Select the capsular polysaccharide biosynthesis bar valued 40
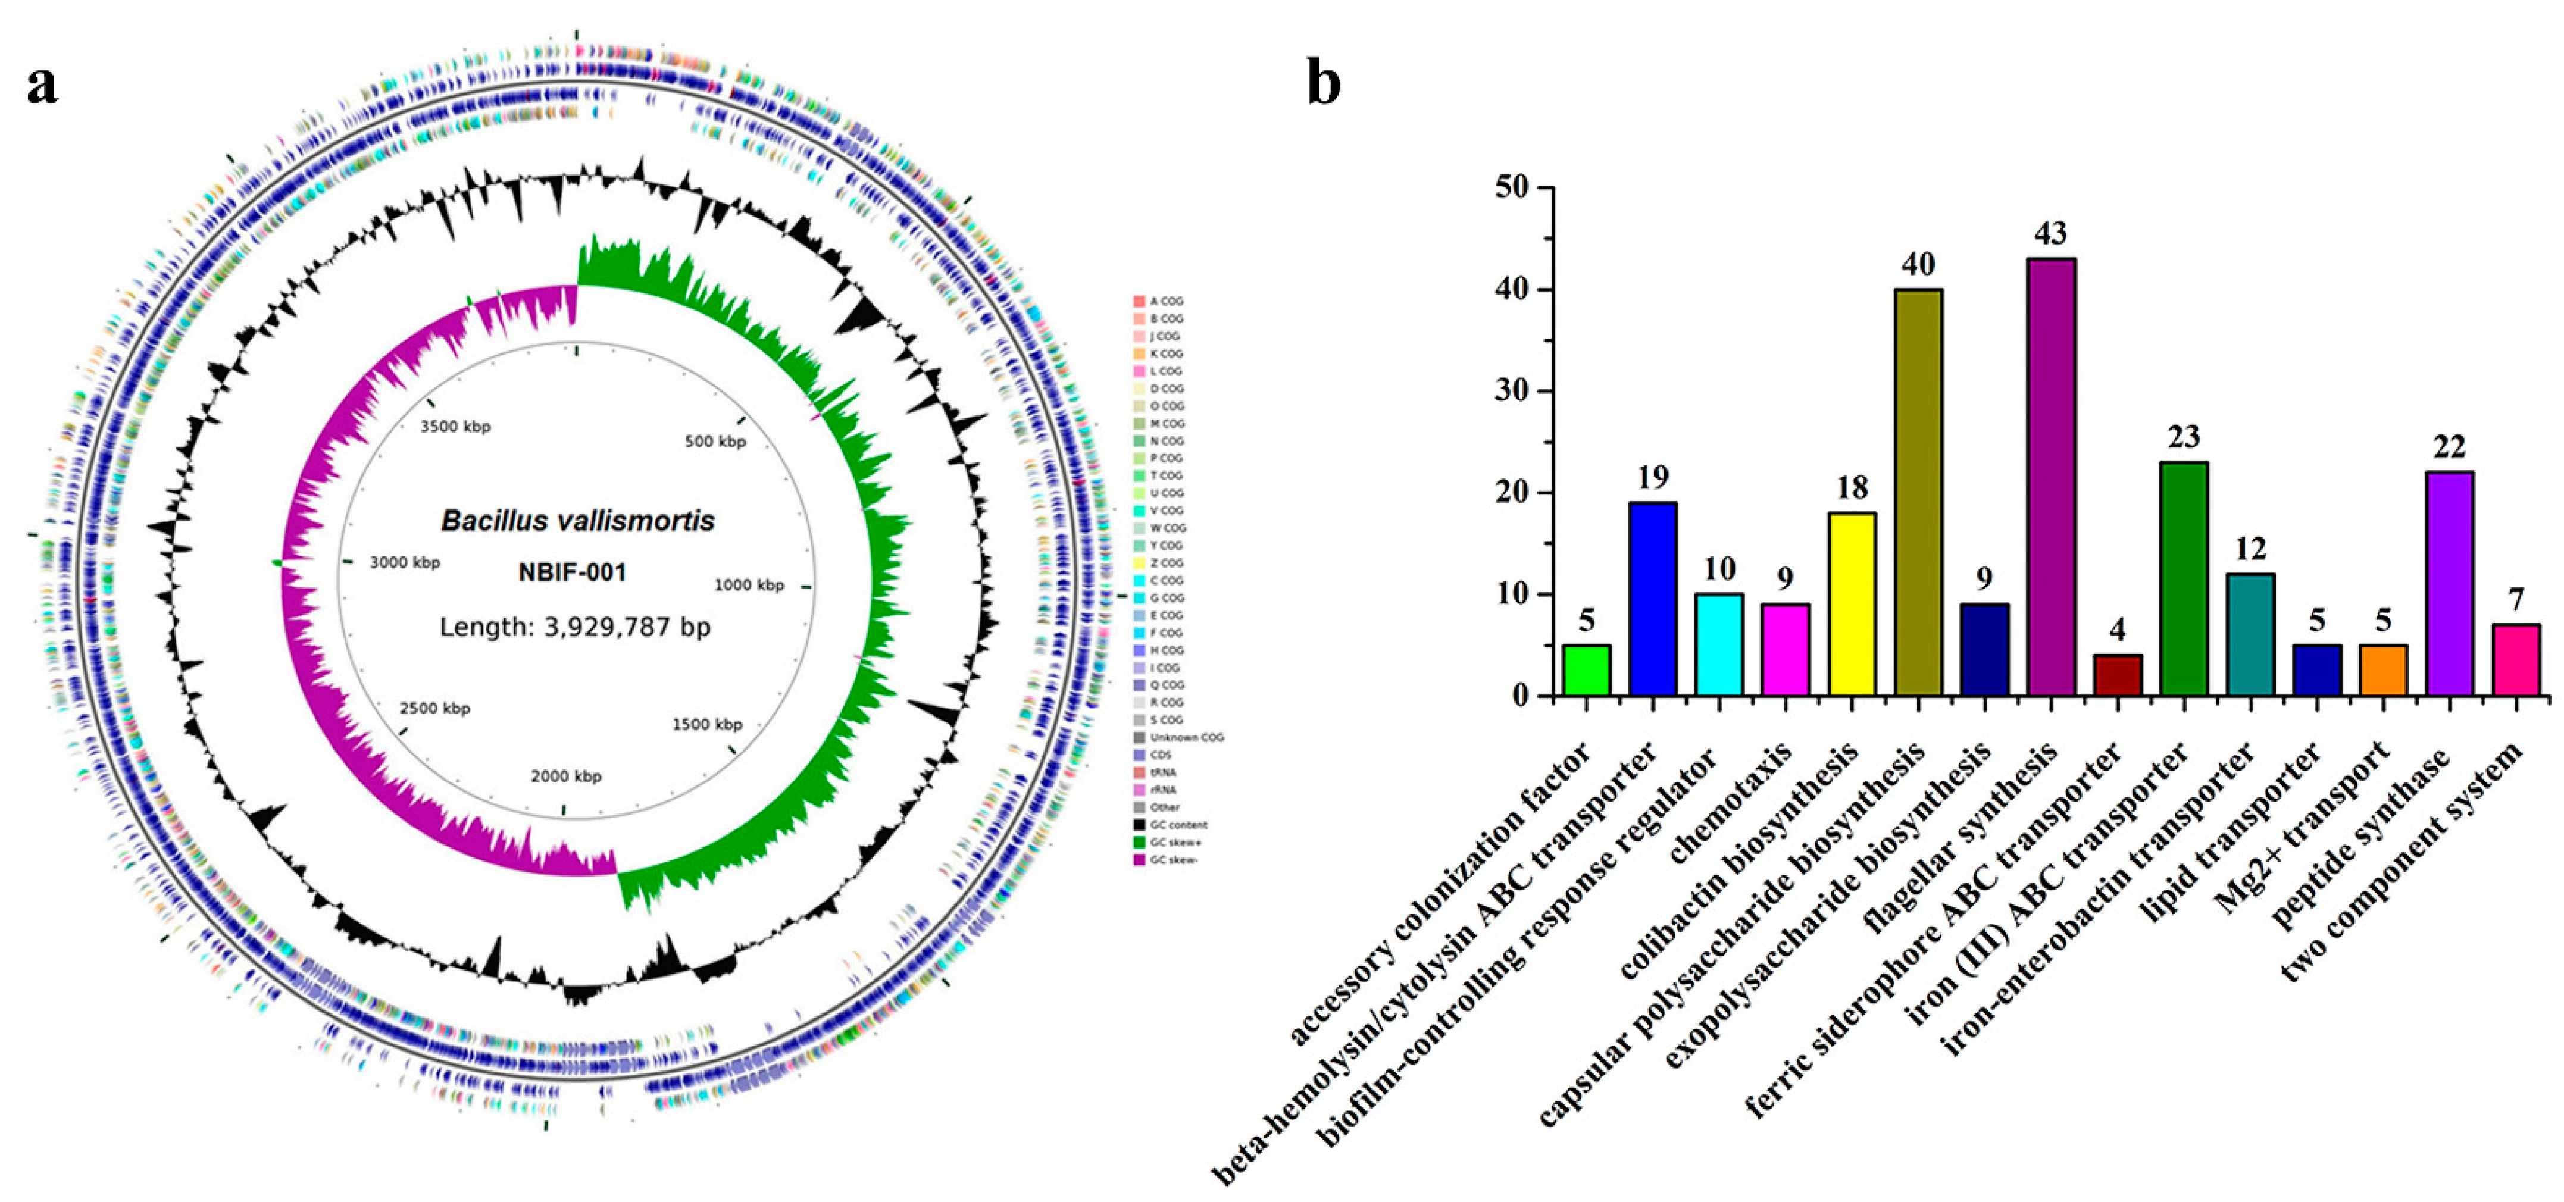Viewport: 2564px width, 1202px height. (x=1918, y=493)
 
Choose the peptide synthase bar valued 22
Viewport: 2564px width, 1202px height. (x=2450, y=584)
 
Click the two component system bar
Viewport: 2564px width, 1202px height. (x=2516, y=661)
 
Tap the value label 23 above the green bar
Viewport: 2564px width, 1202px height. (x=2184, y=437)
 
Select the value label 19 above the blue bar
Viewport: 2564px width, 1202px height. (x=1652, y=478)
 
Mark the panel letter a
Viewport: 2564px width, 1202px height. (x=42, y=86)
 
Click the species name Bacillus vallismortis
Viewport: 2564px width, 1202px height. (x=577, y=521)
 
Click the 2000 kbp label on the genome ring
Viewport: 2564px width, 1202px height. (x=567, y=776)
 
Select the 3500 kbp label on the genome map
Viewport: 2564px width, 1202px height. (x=455, y=427)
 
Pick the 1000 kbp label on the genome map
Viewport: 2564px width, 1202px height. (x=749, y=585)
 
